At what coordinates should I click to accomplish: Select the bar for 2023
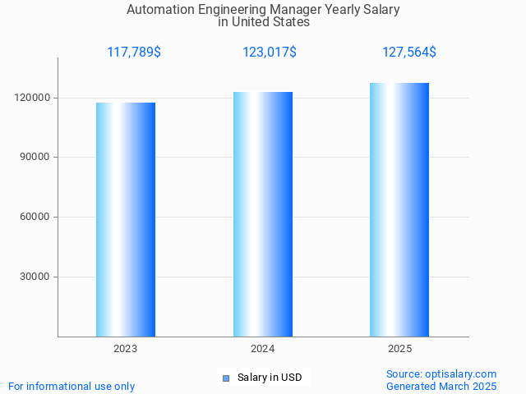point(126,219)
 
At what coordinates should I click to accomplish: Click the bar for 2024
point(263,214)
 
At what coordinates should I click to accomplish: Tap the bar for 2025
point(399,209)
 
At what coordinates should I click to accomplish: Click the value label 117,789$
point(134,53)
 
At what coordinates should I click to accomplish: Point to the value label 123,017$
point(270,53)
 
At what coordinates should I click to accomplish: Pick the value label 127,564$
point(409,53)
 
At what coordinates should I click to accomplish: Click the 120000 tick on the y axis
point(34,98)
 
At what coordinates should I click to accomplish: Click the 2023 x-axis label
point(126,349)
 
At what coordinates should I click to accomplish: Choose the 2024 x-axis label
point(263,349)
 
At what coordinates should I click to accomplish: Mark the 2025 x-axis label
point(399,349)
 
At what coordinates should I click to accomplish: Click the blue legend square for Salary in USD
point(227,378)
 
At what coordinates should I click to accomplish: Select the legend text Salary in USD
point(270,378)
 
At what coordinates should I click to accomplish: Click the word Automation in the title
point(157,10)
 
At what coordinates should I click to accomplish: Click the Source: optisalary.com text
point(441,373)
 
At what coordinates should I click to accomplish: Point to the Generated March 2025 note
point(441,386)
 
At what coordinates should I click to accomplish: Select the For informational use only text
point(72,386)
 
